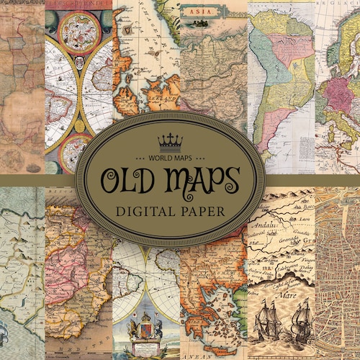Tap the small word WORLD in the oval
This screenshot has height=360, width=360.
[164, 156]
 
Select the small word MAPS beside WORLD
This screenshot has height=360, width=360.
[197, 156]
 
